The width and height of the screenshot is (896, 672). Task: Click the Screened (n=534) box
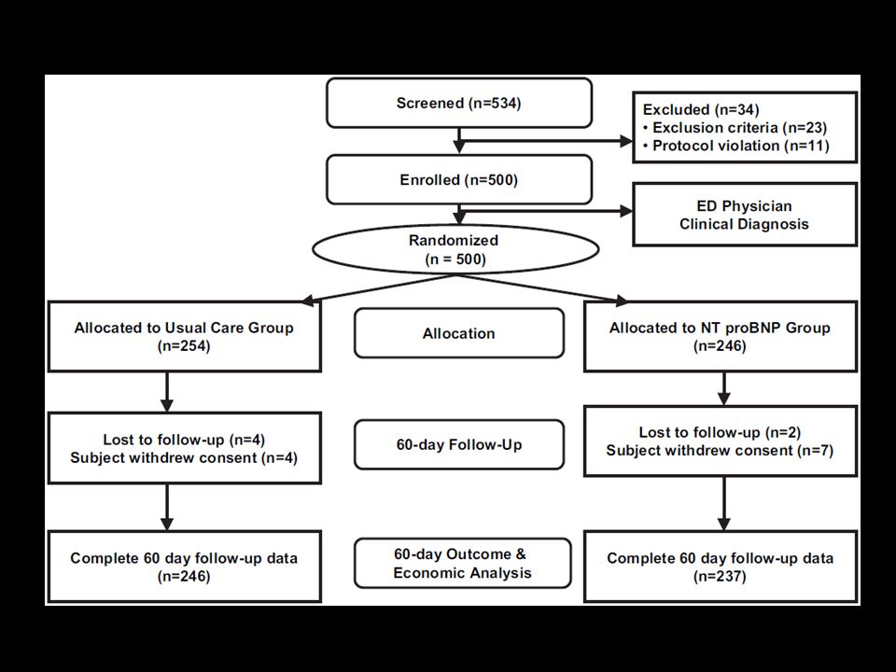[459, 103]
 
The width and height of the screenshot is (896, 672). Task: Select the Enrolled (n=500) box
[459, 179]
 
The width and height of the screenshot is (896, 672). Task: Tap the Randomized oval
[455, 250]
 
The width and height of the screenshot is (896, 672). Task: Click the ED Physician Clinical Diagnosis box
[745, 215]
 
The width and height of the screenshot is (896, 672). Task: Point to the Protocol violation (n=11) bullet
[736, 146]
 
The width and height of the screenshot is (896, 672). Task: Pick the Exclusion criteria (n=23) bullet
[735, 128]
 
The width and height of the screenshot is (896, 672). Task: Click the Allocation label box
[459, 333]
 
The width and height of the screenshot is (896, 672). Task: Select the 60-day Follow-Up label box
[459, 444]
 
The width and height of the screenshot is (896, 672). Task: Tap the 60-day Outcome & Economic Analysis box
[462, 563]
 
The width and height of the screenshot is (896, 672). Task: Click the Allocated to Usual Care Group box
[184, 337]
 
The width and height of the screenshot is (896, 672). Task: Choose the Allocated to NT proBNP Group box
[720, 337]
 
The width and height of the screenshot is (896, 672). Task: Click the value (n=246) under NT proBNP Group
[720, 346]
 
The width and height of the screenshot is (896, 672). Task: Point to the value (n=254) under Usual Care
[184, 346]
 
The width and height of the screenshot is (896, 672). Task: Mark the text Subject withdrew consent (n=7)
[720, 450]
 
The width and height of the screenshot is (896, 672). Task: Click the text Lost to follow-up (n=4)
[184, 440]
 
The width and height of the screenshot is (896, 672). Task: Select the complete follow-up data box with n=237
[720, 567]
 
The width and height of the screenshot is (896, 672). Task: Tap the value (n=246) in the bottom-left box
[184, 577]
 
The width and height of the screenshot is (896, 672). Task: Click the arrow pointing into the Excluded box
[546, 141]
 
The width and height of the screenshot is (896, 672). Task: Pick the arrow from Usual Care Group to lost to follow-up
[167, 392]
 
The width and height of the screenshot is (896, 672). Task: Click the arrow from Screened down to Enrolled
[459, 141]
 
